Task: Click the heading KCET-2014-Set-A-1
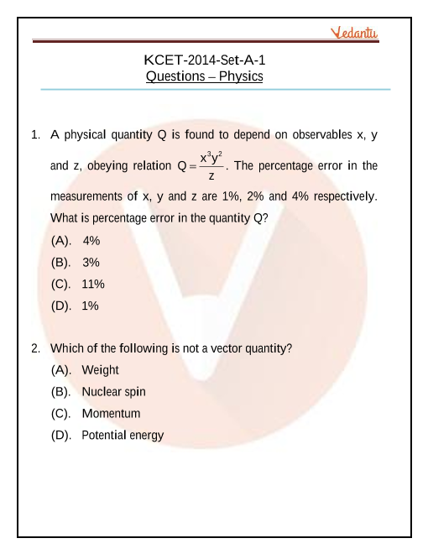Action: pos(205,60)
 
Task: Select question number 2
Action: pos(35,348)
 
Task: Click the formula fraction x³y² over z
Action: pos(211,165)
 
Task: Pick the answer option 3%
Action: pos(91,263)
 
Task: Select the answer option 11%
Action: pos(93,285)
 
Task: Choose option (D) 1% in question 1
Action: pos(90,306)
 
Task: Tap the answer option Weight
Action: pos(100,370)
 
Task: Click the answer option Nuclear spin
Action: pos(113,392)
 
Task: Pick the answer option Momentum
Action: pos(111,414)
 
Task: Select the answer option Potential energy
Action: pos(123,436)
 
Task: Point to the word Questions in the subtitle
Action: pos(173,76)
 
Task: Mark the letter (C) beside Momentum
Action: pos(60,414)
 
